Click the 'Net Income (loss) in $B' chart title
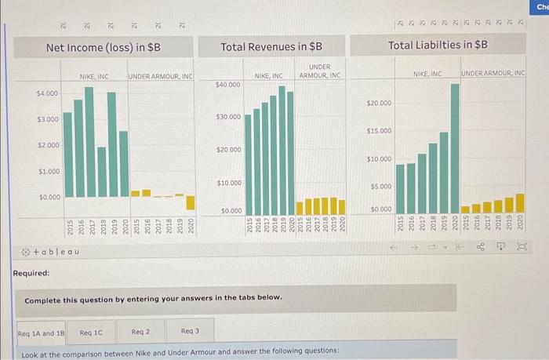coord(104,47)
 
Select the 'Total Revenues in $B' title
coord(271,47)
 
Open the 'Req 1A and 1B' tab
coord(42,333)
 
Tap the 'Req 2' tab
coord(141,333)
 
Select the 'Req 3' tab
coord(190,333)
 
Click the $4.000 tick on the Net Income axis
coord(47,93)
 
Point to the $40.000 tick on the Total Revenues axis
coord(227,84)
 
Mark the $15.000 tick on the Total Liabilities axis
coord(380,131)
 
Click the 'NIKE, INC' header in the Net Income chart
coord(93,76)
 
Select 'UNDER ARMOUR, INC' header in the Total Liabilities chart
coord(493,73)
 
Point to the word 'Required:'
coord(31,273)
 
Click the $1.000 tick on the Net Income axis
coord(47,171)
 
